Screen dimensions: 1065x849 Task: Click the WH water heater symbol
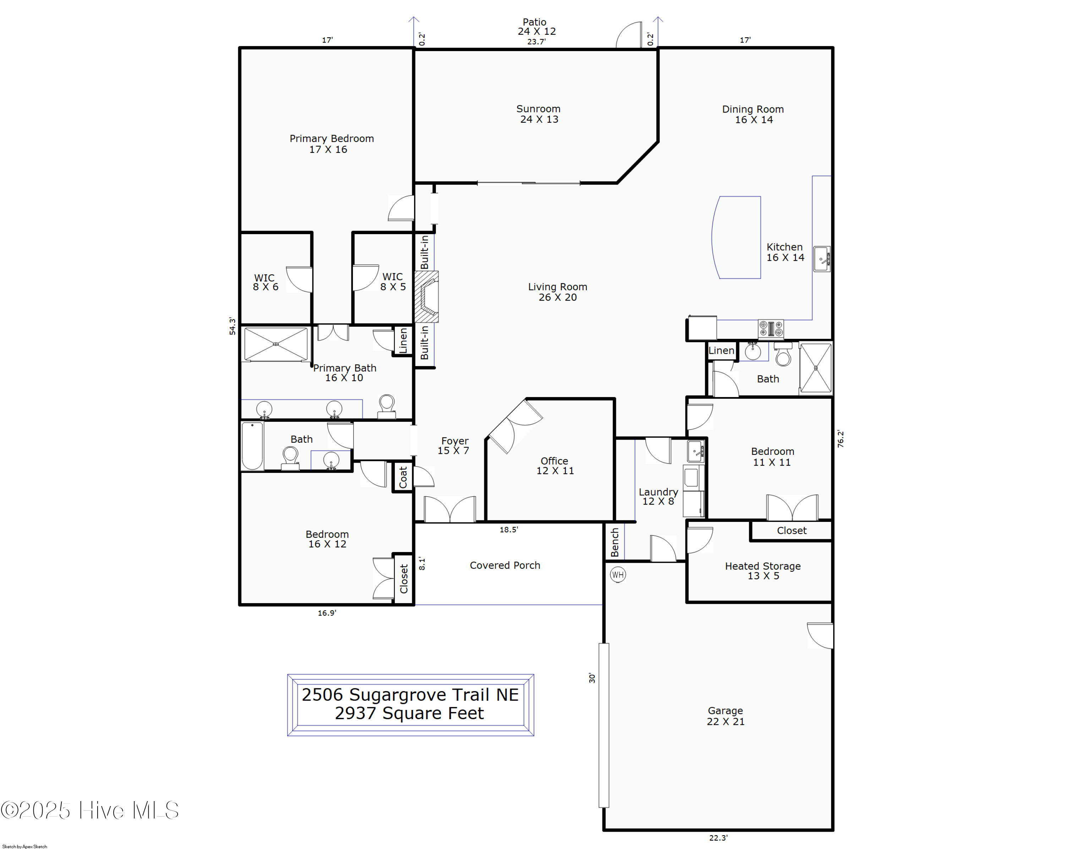pos(617,574)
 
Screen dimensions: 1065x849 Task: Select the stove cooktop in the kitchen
pos(771,329)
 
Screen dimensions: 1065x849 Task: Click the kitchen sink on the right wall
pos(822,259)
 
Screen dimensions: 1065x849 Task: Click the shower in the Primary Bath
pos(275,344)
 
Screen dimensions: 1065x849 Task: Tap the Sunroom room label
pos(539,114)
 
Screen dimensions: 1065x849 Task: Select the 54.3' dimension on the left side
pos(232,326)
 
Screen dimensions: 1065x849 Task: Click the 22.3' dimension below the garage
pos(718,838)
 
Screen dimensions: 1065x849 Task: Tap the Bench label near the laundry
pos(615,542)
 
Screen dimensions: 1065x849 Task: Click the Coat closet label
pos(403,477)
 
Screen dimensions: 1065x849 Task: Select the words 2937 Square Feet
pos(410,713)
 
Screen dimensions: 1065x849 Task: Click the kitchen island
pos(736,237)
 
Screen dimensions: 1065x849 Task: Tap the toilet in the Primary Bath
pos(387,407)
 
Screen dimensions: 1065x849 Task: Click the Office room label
pos(555,465)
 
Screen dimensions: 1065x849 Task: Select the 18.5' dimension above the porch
pos(509,530)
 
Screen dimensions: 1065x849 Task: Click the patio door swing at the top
pos(628,34)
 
